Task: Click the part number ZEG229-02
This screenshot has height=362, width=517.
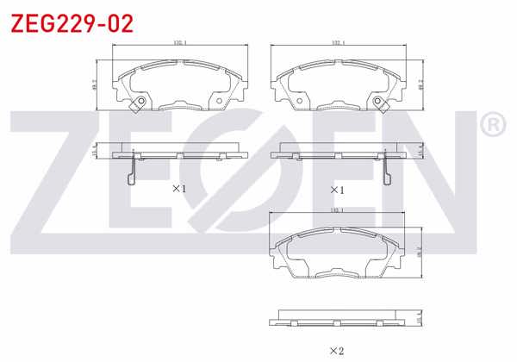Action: tap(72, 23)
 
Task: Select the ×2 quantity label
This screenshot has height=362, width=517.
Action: tap(336, 350)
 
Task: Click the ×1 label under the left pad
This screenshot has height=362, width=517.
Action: tap(179, 188)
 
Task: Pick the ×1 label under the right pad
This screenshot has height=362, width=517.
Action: tap(336, 189)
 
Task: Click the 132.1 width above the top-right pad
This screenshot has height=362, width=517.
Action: tap(338, 42)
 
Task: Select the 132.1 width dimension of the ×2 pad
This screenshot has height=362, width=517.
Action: tap(338, 210)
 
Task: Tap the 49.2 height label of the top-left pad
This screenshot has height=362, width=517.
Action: tap(94, 84)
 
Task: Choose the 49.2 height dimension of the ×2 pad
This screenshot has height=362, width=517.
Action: tap(420, 252)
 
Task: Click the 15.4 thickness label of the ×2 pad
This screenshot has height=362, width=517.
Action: tap(420, 319)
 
